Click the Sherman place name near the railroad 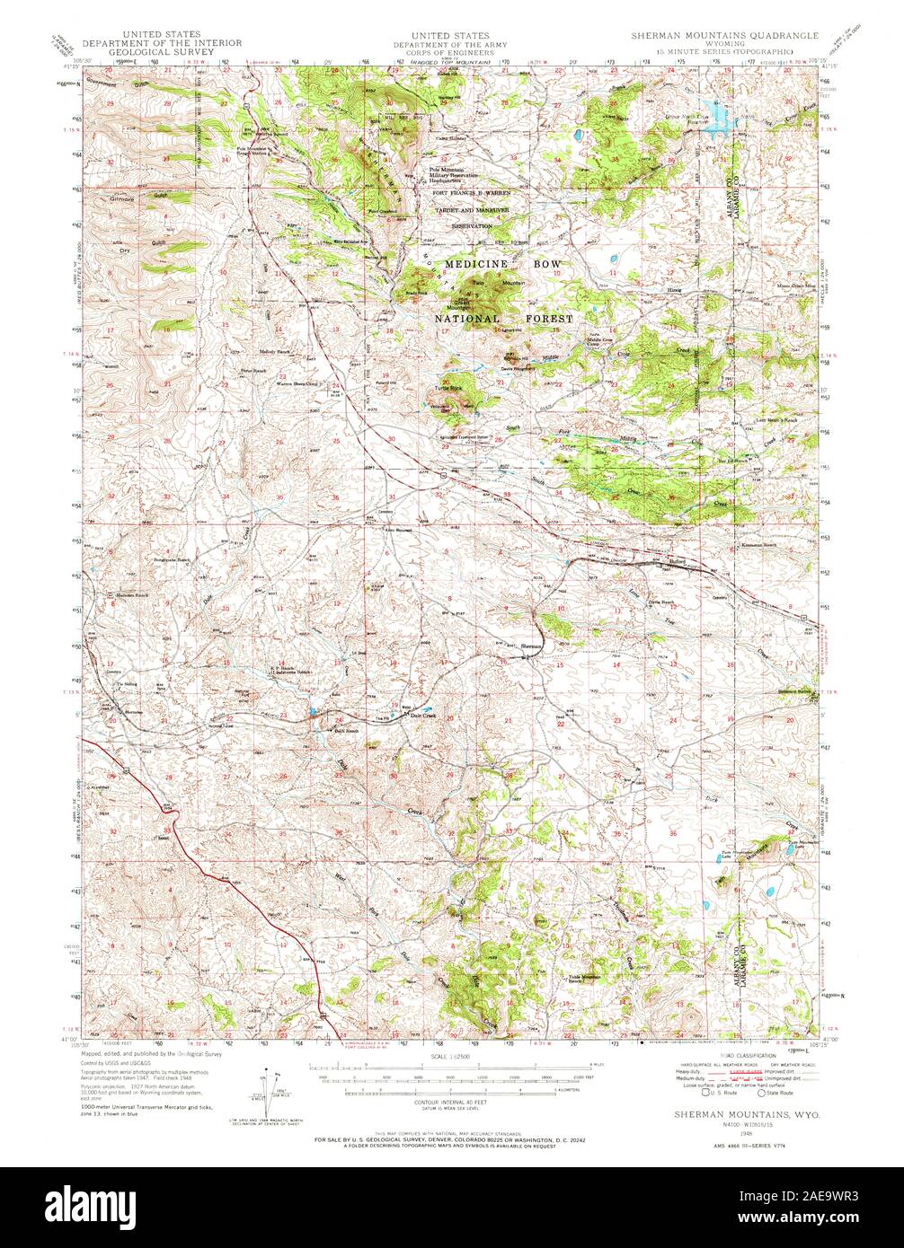531,646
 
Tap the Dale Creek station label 422,715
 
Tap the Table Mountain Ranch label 585,980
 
